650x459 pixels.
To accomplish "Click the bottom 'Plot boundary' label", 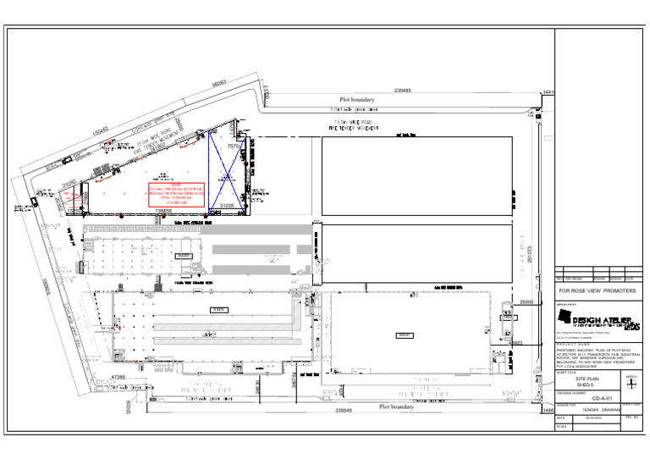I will coord(396,406).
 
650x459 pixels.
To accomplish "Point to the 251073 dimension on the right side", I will coord(530,253).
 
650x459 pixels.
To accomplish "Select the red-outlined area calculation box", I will coord(176,195).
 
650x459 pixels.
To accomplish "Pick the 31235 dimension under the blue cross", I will coord(227,205).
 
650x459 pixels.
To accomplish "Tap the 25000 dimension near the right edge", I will coord(526,301).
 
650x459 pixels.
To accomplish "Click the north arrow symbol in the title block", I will coord(630,382).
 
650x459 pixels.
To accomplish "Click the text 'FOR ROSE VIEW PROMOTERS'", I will coord(598,291).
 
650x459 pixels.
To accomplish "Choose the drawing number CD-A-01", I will coord(601,397).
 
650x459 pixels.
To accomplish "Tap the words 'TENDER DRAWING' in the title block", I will coord(601,410).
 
